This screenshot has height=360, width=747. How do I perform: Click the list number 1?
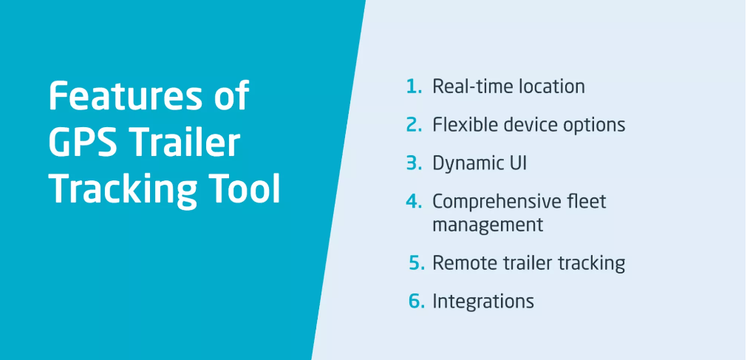[414, 86]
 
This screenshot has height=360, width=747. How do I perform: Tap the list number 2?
[414, 124]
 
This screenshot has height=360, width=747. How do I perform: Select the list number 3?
[414, 163]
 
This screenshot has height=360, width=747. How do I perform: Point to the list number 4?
[414, 201]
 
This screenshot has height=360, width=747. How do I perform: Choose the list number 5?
[417, 262]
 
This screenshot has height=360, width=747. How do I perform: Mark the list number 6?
[417, 302]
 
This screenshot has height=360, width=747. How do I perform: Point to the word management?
[488, 225]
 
